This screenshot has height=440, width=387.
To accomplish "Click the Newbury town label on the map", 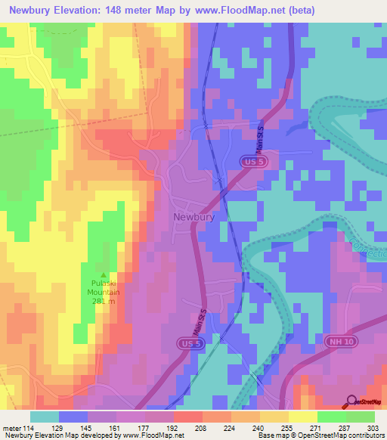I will click(194, 217).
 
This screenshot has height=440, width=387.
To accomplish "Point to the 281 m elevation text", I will click(104, 301).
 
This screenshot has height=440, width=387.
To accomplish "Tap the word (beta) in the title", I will click(299, 11).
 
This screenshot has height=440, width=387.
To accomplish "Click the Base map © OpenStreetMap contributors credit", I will click(319, 435).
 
